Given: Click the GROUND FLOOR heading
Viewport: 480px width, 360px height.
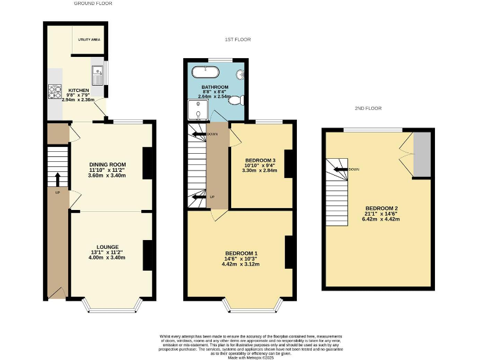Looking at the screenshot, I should click(x=93, y=4).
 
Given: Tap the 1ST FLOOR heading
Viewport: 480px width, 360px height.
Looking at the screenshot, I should click(x=237, y=39).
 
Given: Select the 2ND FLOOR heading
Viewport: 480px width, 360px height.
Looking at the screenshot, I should click(x=368, y=108).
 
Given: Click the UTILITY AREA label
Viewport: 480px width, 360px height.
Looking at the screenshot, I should click(x=89, y=39).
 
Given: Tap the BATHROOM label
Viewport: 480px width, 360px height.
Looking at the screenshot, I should click(x=214, y=87).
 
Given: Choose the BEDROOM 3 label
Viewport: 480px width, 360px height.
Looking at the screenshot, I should click(x=260, y=160).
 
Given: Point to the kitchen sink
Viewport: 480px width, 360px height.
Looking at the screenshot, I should click(x=98, y=76).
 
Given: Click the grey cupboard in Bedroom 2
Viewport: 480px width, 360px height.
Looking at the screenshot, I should click(x=422, y=154).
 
